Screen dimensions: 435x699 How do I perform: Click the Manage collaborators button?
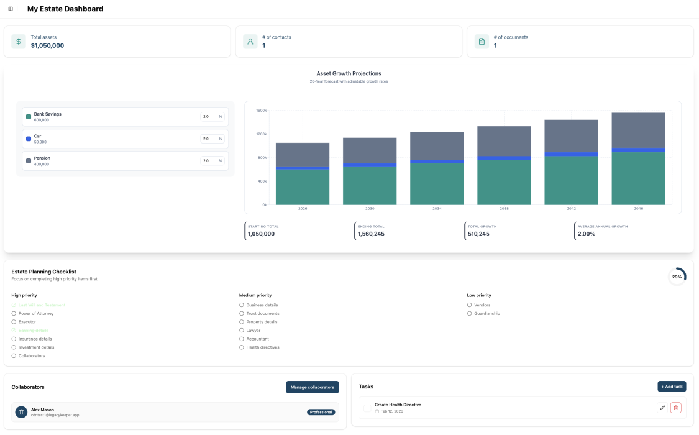(312, 387)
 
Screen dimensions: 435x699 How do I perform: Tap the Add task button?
(672, 387)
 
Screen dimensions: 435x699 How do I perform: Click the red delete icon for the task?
(676, 408)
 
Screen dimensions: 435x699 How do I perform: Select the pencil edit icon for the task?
(662, 408)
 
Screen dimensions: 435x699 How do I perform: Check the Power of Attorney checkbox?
(14, 314)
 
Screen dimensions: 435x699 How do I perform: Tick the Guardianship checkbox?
(469, 314)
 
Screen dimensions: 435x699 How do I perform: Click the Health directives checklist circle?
(241, 347)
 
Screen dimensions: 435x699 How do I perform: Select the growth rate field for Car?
(208, 139)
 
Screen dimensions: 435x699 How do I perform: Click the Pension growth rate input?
(208, 161)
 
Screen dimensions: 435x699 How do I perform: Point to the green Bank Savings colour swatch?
(29, 117)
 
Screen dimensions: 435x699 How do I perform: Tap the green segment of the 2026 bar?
(303, 186)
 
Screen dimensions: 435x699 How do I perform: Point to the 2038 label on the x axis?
(504, 209)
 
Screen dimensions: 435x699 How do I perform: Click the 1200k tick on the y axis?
(261, 134)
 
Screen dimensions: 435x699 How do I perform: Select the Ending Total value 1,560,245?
(371, 234)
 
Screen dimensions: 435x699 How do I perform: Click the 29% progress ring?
(677, 277)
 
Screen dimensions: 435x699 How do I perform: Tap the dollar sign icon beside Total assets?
(19, 42)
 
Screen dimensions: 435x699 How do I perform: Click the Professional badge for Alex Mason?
(321, 412)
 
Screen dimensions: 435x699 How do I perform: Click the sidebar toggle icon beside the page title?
(11, 9)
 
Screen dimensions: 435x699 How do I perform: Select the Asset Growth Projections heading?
(349, 73)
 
